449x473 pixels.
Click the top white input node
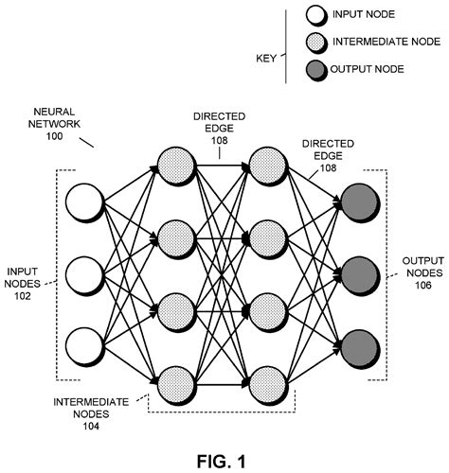click(82, 205)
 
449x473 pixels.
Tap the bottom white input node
click(82, 342)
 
